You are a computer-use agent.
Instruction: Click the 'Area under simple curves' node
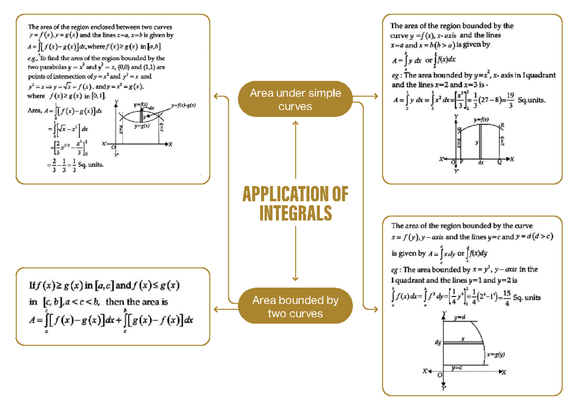[295, 99]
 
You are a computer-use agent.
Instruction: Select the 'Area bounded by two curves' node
[295, 307]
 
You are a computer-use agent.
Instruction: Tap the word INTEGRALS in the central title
[295, 213]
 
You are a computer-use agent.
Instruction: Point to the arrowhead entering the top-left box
[215, 97]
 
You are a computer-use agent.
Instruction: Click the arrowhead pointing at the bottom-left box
[215, 309]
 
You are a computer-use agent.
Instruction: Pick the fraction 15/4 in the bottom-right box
[505, 298]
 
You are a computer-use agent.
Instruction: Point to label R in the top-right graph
[502, 125]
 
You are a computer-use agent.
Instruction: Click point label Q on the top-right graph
[499, 162]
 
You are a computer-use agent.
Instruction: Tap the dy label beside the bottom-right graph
[438, 343]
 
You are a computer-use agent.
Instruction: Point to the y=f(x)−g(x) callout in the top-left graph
[185, 105]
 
